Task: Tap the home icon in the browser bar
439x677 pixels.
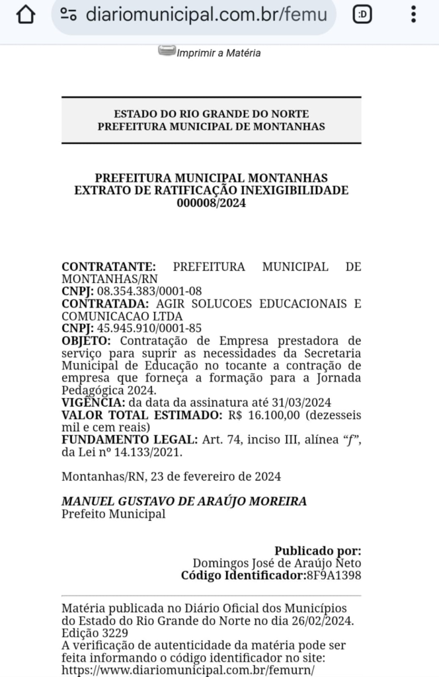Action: point(26,15)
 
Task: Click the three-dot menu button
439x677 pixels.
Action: point(414,15)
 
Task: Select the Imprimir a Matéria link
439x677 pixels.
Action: point(218,53)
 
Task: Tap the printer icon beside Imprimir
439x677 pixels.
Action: point(167,51)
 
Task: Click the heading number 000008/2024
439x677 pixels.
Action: point(211,203)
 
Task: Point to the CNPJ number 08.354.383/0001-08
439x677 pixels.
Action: point(149,292)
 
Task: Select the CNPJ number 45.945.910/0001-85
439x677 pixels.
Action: point(149,329)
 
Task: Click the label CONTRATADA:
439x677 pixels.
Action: point(102,303)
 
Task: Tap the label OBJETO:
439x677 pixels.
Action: point(87,341)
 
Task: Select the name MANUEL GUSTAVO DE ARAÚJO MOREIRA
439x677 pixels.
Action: point(184,501)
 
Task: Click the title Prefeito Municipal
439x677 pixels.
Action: point(113,514)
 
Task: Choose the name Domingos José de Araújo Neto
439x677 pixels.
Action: point(277,563)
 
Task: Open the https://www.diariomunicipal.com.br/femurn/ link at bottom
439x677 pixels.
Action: point(187,669)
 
